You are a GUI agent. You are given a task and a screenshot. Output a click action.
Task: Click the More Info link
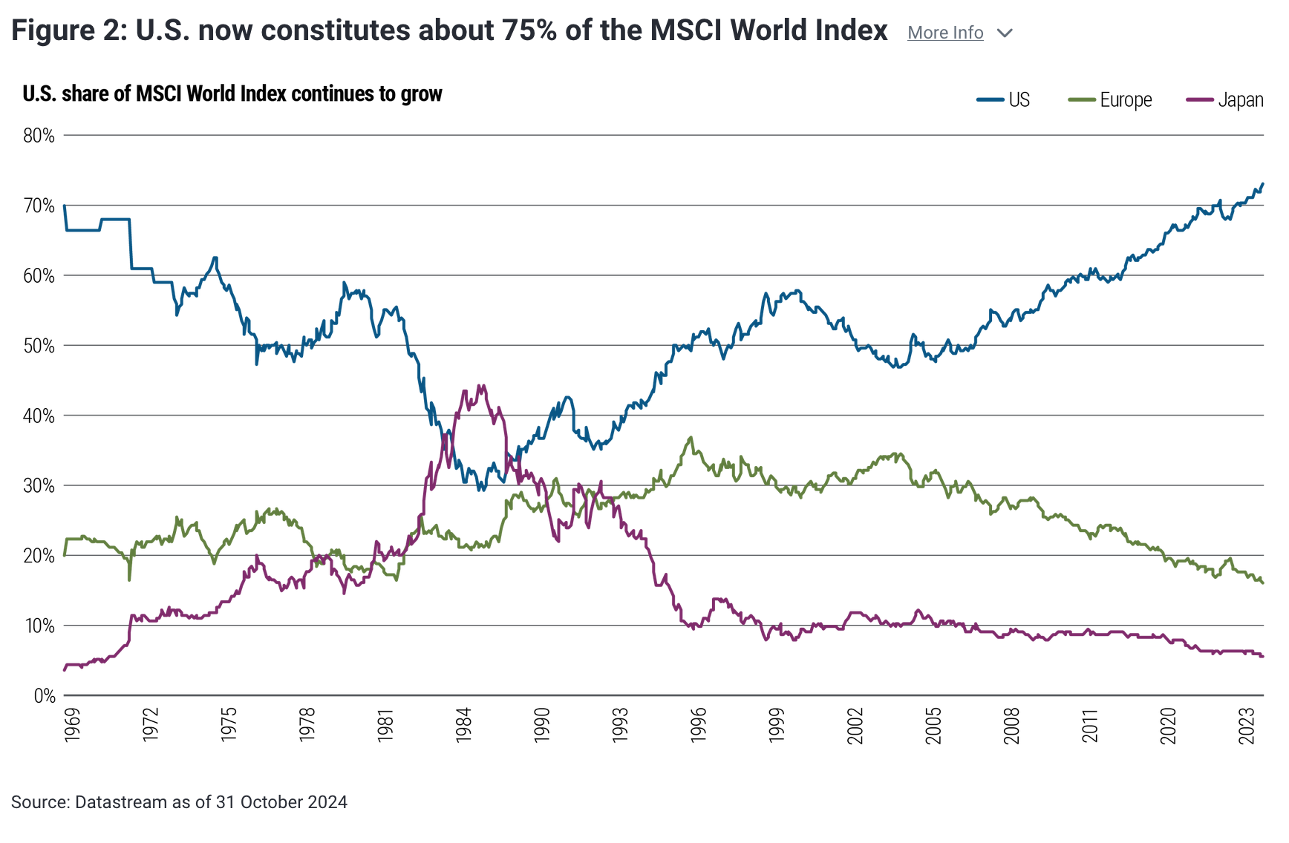944,33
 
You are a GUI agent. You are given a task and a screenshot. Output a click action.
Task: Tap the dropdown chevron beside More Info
1005,33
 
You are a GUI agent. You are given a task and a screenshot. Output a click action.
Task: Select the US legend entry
1004,100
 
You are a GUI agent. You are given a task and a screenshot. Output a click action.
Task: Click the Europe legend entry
1110,100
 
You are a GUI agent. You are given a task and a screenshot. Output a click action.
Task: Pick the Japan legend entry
1225,100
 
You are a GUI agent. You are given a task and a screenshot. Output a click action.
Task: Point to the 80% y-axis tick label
39,136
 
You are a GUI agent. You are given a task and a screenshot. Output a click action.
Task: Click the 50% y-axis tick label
39,346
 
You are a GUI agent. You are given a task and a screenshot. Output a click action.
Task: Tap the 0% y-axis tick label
44,696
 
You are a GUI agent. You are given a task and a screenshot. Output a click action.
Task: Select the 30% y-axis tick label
39,486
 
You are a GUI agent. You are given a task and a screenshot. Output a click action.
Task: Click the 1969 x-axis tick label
72,725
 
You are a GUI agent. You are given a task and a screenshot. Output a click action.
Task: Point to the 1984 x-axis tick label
463,725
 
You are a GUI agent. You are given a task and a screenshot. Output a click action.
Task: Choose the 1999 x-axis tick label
777,725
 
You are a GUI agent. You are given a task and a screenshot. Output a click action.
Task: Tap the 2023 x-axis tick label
1247,725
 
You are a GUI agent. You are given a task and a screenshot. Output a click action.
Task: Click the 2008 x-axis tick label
1011,725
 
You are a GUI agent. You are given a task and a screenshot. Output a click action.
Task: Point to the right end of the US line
1262,184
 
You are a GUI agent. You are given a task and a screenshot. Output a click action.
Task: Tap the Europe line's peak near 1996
691,437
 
